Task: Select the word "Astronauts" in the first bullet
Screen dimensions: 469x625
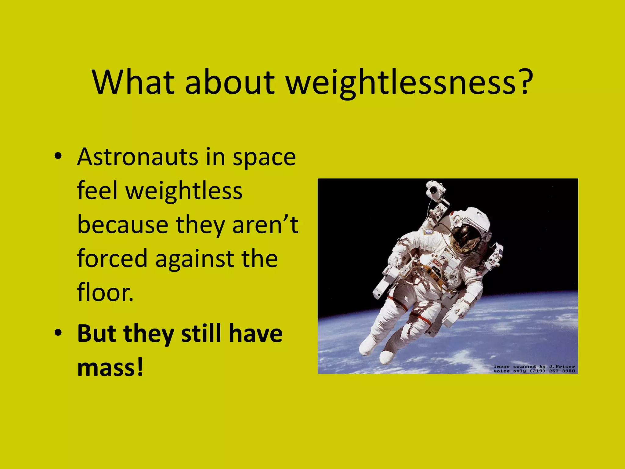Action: coord(138,157)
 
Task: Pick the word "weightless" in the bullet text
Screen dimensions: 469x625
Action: coord(184,191)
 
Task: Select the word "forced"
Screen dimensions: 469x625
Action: coord(112,259)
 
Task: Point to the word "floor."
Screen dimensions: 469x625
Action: coord(105,292)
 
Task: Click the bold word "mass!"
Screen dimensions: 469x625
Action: coord(110,367)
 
